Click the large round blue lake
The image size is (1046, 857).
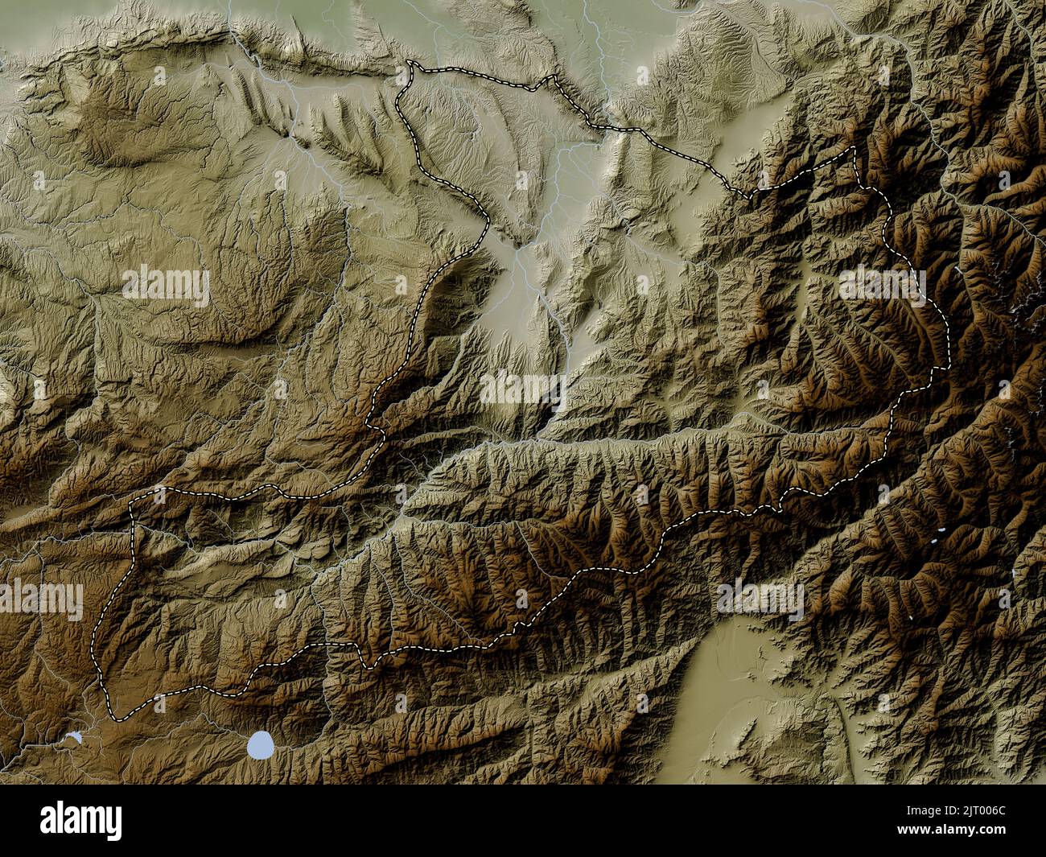point(260,745)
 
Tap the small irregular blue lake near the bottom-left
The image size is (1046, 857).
point(74,737)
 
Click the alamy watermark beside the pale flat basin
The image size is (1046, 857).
point(760,599)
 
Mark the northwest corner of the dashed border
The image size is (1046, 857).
point(410,62)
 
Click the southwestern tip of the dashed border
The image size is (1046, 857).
point(117,717)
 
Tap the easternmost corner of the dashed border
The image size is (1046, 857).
point(948,366)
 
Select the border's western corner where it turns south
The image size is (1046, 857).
point(133,502)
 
